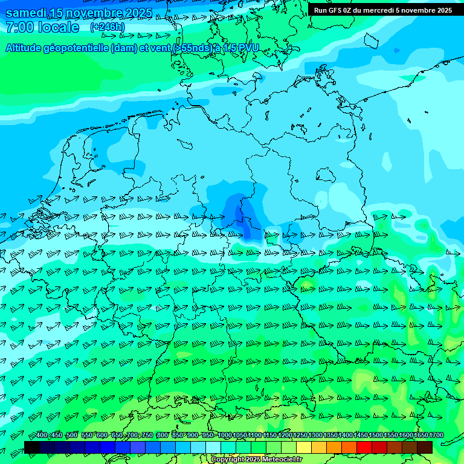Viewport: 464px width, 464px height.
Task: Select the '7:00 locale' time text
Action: coord(42,27)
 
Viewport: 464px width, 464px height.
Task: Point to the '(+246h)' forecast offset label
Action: coord(108,27)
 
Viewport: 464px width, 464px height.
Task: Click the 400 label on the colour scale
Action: coord(41,436)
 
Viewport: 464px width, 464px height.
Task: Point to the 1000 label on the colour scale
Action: coord(224,436)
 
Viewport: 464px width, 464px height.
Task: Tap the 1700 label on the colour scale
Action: coord(436,436)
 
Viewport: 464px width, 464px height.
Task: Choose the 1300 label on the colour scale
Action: coord(315,436)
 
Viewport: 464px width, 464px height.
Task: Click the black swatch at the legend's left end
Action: coord(32,447)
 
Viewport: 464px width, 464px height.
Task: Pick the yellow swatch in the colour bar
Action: coord(304,447)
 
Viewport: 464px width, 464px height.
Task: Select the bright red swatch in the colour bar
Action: coord(364,447)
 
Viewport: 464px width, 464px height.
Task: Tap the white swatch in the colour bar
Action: coord(213,447)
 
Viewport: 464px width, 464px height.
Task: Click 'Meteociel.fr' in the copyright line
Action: coord(280,460)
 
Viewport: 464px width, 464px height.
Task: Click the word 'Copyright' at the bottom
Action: coord(228,460)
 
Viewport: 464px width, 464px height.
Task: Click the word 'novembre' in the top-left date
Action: coord(92,13)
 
